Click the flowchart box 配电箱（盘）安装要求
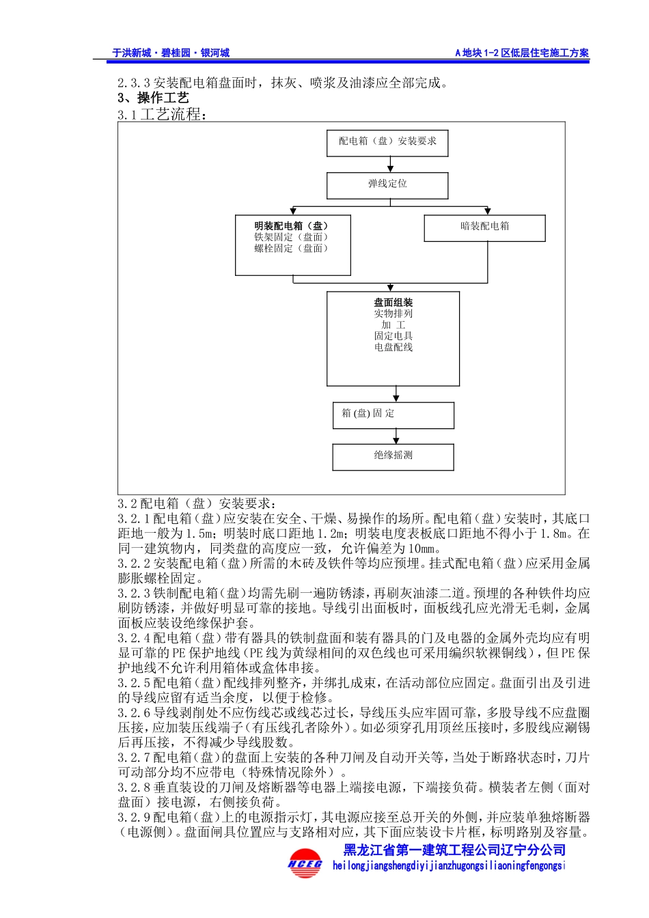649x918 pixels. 387,142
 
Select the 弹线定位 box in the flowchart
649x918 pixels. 387,184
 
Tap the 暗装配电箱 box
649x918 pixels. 484,227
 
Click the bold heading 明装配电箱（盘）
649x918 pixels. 291,226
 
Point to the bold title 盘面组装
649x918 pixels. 393,303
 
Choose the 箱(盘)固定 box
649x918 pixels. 393,415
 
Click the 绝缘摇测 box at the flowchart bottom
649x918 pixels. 393,456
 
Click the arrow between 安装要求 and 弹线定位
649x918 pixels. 390,165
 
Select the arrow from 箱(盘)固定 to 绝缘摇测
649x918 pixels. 396,436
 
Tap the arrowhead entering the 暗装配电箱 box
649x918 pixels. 488,212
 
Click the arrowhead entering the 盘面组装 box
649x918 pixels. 390,288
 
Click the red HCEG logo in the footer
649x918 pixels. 305,863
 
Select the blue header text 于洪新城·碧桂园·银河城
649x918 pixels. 171,53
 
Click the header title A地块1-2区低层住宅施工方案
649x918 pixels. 522,53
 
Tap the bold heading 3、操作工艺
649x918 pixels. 153,98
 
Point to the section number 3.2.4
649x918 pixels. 134,638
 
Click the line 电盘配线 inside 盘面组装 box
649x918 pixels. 393,347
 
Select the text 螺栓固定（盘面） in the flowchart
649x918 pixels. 291,249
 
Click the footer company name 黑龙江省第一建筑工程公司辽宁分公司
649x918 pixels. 454,850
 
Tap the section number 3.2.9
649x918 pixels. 134,818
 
